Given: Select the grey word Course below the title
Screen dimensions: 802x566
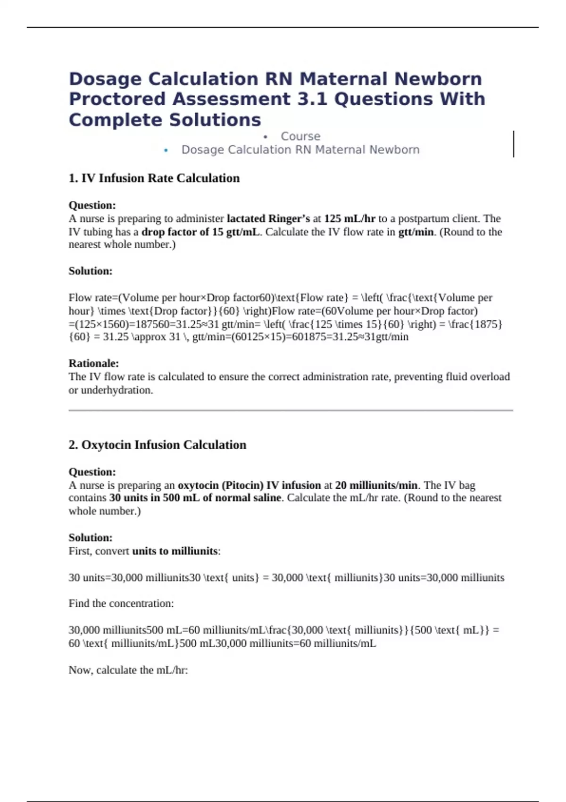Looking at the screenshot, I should (x=300, y=136).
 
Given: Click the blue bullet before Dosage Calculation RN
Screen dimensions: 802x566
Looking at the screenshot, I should (x=166, y=150).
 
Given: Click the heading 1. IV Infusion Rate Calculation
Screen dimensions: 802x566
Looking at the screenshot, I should (x=154, y=178).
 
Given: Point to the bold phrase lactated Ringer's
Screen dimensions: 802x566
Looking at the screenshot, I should (x=268, y=218).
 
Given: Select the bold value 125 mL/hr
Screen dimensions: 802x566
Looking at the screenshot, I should (x=350, y=218).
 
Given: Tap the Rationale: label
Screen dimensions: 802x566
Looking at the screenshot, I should (x=93, y=363).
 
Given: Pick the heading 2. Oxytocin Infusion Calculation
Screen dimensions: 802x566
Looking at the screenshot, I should (x=157, y=445).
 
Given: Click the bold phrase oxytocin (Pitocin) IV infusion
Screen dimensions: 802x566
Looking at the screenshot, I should (x=249, y=485).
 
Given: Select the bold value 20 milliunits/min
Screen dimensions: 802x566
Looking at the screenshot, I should (x=376, y=485).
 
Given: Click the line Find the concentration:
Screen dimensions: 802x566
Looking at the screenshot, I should (x=121, y=603).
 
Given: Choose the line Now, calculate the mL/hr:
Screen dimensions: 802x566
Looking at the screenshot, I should (x=128, y=670).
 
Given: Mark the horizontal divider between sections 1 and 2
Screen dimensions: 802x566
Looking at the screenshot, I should (x=291, y=410).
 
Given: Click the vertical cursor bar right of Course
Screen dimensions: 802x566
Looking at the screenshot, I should (x=513, y=144).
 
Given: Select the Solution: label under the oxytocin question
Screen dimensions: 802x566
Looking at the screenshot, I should (x=91, y=538).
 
